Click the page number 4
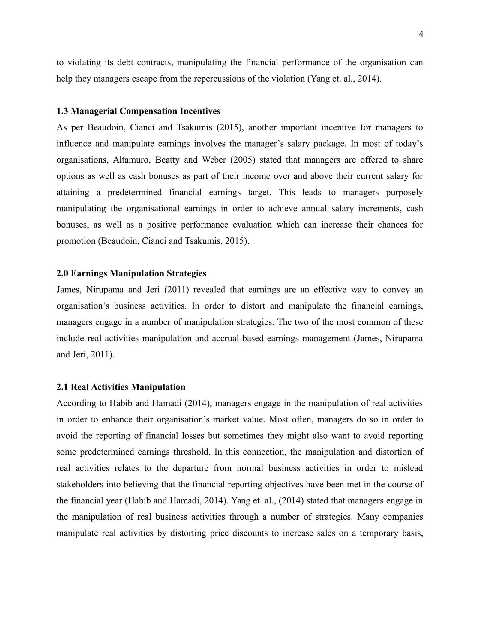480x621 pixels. coord(421,34)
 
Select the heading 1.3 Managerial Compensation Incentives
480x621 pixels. coord(138,111)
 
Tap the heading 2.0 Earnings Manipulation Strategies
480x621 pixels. coord(131,273)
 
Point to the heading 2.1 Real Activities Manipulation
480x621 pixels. coord(121,387)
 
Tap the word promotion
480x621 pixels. coord(76,241)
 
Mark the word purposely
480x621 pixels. coord(404,192)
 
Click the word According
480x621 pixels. coord(73,403)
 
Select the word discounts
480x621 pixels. coord(250,533)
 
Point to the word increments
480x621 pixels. coord(380,208)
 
